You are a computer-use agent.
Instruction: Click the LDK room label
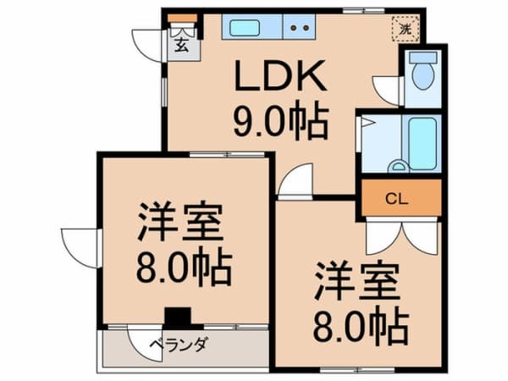tap(280, 75)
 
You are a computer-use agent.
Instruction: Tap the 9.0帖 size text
tap(281, 120)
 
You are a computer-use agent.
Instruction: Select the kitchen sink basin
tap(245, 28)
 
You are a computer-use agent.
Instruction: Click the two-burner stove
tap(300, 27)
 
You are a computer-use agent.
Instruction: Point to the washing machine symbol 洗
tap(406, 29)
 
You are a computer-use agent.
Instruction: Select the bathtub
tap(422, 144)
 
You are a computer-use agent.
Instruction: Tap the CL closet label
tap(397, 199)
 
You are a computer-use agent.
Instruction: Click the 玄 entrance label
tap(181, 45)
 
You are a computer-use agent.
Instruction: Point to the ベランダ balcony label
tap(178, 345)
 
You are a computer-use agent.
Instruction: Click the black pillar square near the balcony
tap(178, 317)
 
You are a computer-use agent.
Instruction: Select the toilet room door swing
tap(387, 91)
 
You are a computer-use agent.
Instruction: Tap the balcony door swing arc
tap(144, 345)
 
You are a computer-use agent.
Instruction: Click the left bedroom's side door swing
tap(80, 248)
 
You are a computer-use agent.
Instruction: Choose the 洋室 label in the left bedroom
tap(180, 222)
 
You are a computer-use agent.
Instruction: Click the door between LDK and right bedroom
tap(295, 181)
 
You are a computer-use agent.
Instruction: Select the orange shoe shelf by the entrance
tap(182, 18)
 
